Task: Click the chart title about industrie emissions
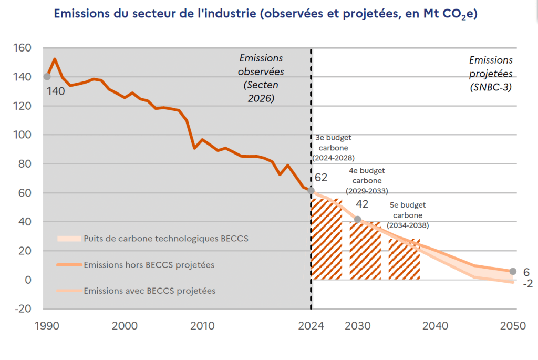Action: pyautogui.click(x=265, y=14)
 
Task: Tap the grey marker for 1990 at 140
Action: pyautogui.click(x=47, y=77)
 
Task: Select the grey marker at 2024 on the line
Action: pyautogui.click(x=311, y=190)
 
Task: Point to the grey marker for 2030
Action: pyautogui.click(x=357, y=219)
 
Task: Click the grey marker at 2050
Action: pyautogui.click(x=513, y=271)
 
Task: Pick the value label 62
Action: pyautogui.click(x=321, y=178)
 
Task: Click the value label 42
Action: pyautogui.click(x=362, y=204)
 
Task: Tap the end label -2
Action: pyautogui.click(x=527, y=283)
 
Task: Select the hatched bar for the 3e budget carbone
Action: pyautogui.click(x=327, y=239)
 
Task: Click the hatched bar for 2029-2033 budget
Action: pyautogui.click(x=365, y=251)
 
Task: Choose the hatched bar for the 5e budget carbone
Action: pyautogui.click(x=404, y=260)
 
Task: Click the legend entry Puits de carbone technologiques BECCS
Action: pyautogui.click(x=153, y=239)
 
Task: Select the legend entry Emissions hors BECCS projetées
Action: pyautogui.click(x=136, y=264)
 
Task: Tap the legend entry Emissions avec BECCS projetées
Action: pyautogui.click(x=136, y=291)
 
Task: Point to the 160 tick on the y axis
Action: pyautogui.click(x=22, y=48)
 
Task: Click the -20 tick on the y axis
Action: pyautogui.click(x=23, y=308)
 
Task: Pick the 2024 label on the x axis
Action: pyautogui.click(x=311, y=326)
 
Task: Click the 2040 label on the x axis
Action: pyautogui.click(x=435, y=326)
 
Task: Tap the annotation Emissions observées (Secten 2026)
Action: pyautogui.click(x=261, y=78)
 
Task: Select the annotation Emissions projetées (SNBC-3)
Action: pyautogui.click(x=491, y=74)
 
